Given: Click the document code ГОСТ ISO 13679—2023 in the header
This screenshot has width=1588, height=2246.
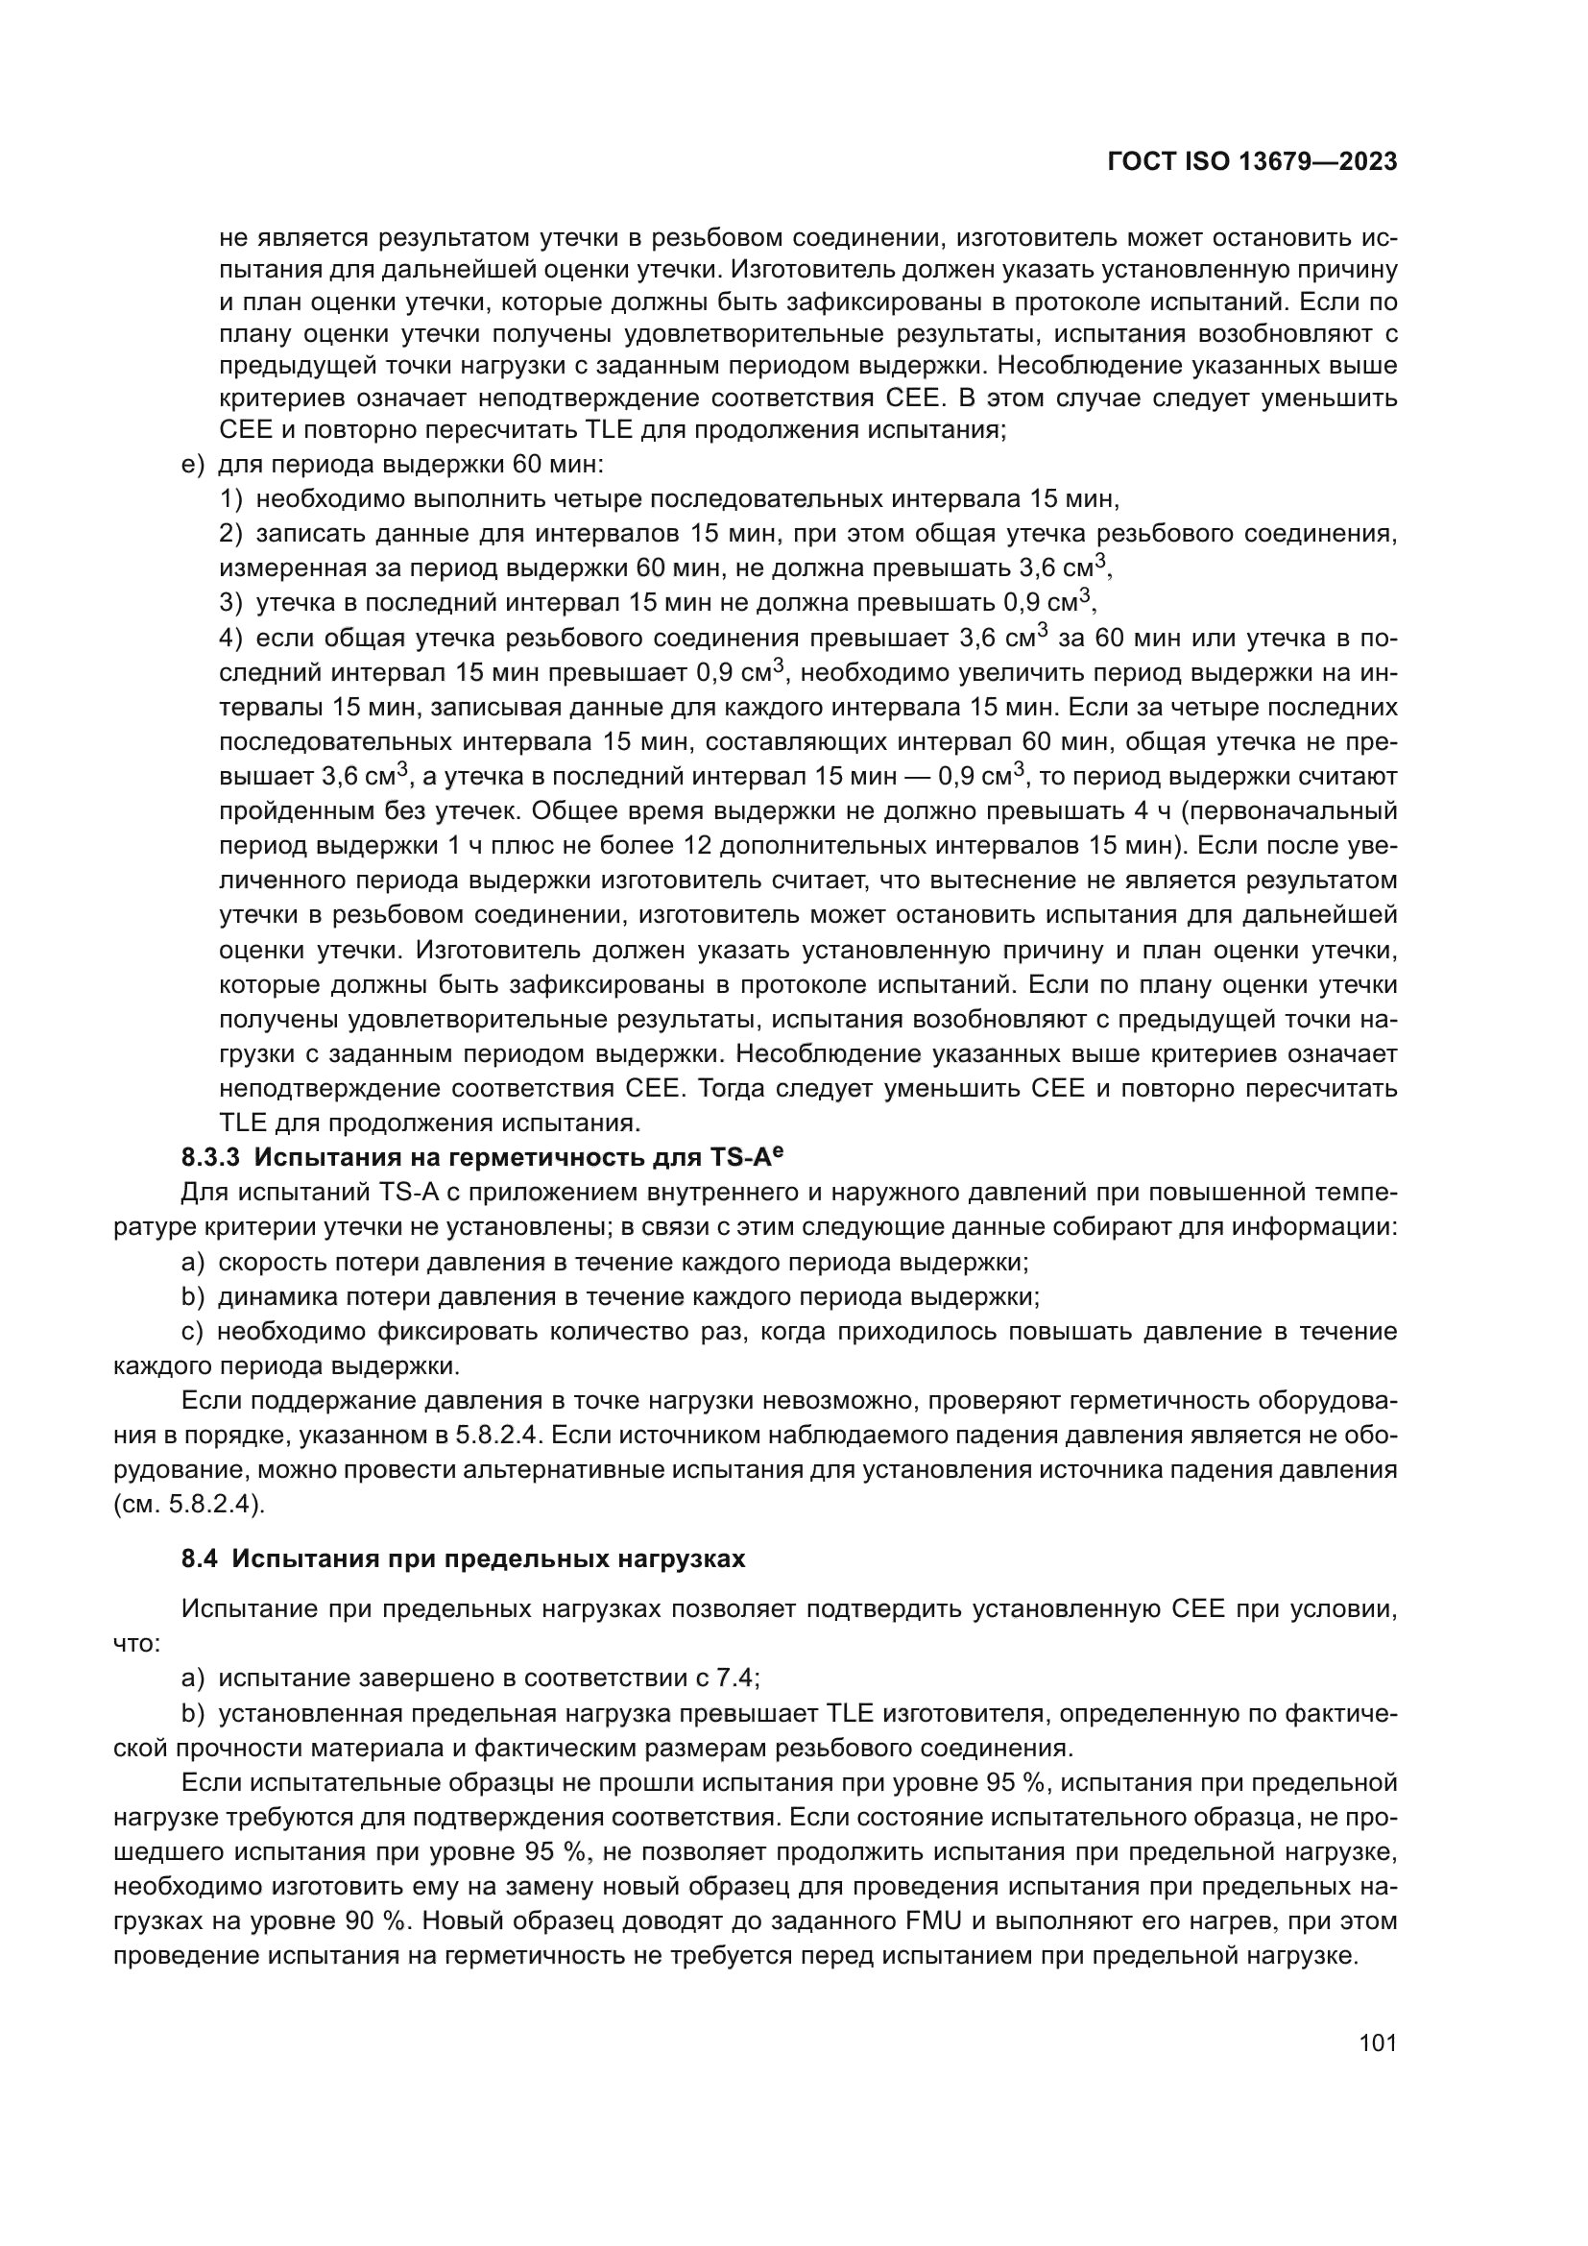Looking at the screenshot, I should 1252,162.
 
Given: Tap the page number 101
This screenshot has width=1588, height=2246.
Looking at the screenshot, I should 1377,2042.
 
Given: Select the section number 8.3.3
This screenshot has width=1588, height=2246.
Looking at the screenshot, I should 210,1158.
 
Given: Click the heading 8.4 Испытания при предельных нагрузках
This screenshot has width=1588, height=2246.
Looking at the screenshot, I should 464,1558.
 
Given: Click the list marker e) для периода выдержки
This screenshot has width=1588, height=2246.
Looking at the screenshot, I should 193,464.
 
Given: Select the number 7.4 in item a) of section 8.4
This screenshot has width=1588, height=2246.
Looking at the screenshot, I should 735,1678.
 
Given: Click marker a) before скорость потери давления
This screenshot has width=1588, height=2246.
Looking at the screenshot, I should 193,1262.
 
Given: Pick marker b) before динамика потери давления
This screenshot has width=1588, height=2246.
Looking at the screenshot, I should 193,1297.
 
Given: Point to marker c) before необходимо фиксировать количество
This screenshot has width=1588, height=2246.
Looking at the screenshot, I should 193,1331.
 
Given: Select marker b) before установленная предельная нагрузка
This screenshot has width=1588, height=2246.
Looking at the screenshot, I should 193,1714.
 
